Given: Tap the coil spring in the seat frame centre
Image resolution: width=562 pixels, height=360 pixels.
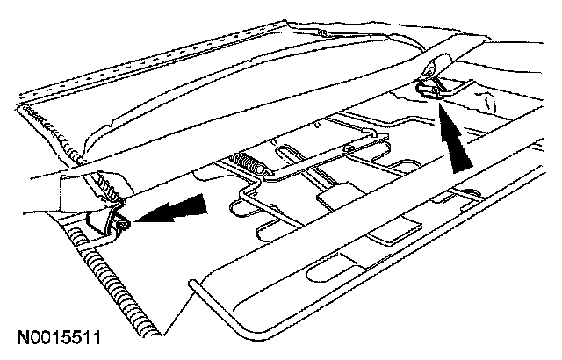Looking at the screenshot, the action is (x=250, y=163).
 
